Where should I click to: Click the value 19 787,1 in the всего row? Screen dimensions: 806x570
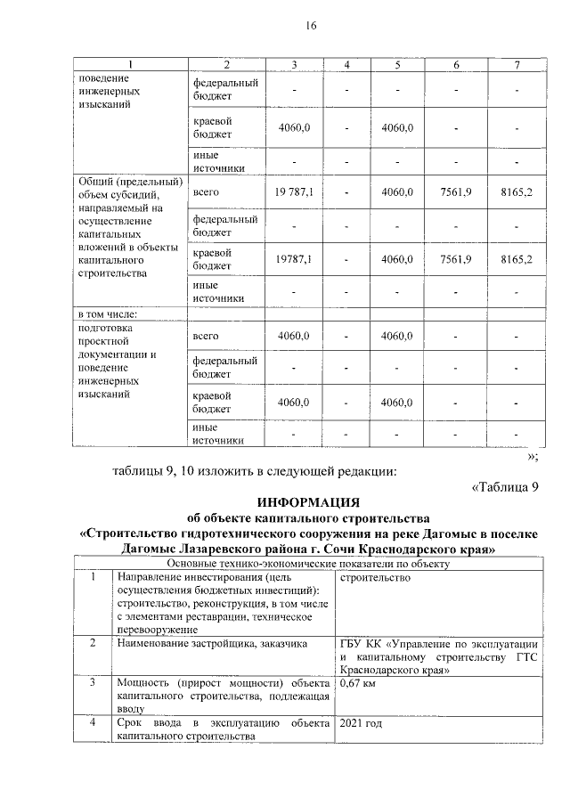click(x=294, y=192)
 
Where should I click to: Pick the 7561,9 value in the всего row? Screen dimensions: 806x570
click(x=456, y=192)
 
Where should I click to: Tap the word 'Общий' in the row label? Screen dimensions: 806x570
click(x=97, y=183)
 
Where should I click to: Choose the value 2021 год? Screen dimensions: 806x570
click(x=362, y=723)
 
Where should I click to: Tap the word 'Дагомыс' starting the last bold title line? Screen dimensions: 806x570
click(x=149, y=549)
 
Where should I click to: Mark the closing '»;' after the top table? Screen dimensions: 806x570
click(x=532, y=456)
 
